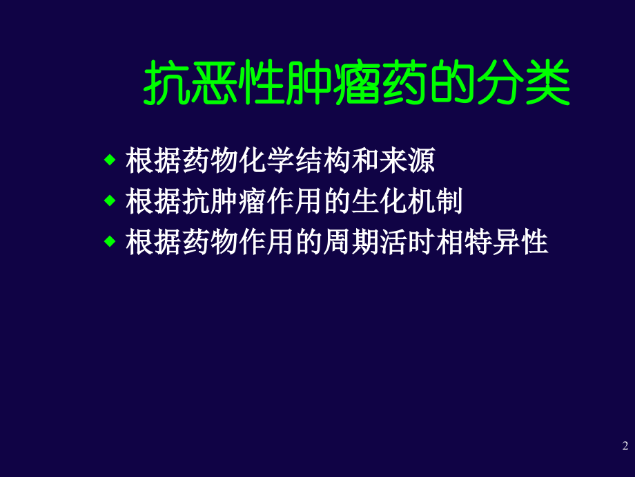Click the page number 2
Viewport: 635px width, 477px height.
625,445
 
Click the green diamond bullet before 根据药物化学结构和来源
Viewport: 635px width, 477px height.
108,161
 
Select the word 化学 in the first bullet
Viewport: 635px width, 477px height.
267,162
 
